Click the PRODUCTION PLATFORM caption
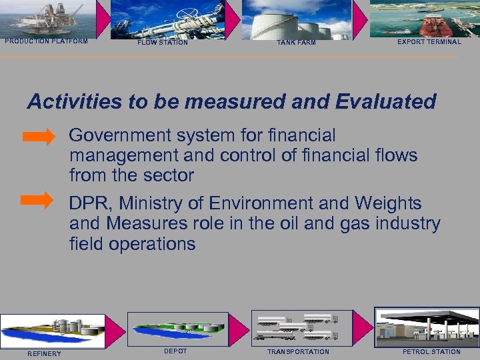pos(46,41)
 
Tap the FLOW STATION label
pos(163,43)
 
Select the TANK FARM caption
pos(296,43)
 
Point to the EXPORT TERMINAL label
pos(429,41)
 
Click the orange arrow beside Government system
pos(39,138)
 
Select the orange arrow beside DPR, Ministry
pos(39,199)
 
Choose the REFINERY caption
pos(44,353)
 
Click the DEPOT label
pos(175,351)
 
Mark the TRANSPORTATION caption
pos(298,351)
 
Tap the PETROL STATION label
pos(431,351)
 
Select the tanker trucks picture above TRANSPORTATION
pos(298,327)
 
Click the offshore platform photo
pos(48,18)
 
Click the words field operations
pos(132,244)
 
